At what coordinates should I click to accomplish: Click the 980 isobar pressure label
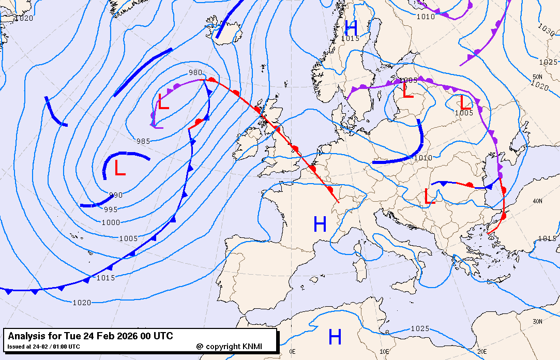pos(195,73)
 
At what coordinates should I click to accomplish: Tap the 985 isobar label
pos(144,141)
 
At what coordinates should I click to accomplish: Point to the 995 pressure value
pos(111,209)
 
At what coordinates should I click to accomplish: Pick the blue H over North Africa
pos(335,337)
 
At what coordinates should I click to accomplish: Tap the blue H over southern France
pos(320,224)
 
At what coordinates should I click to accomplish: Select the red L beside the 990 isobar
pos(120,168)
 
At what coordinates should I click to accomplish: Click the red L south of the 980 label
pos(163,102)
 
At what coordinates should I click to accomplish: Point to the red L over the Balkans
pos(429,197)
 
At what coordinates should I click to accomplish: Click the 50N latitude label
pos(537,77)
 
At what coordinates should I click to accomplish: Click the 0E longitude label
pos(292,351)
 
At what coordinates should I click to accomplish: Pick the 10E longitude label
pos(385,351)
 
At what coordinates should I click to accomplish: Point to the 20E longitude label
pos(482,351)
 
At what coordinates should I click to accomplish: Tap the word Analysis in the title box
pos(26,336)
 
